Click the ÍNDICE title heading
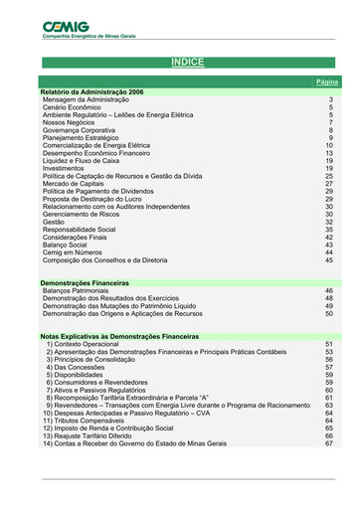click(188, 63)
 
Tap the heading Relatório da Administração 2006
click(91, 91)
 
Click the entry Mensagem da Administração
click(86, 99)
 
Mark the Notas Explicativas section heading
click(120, 337)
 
